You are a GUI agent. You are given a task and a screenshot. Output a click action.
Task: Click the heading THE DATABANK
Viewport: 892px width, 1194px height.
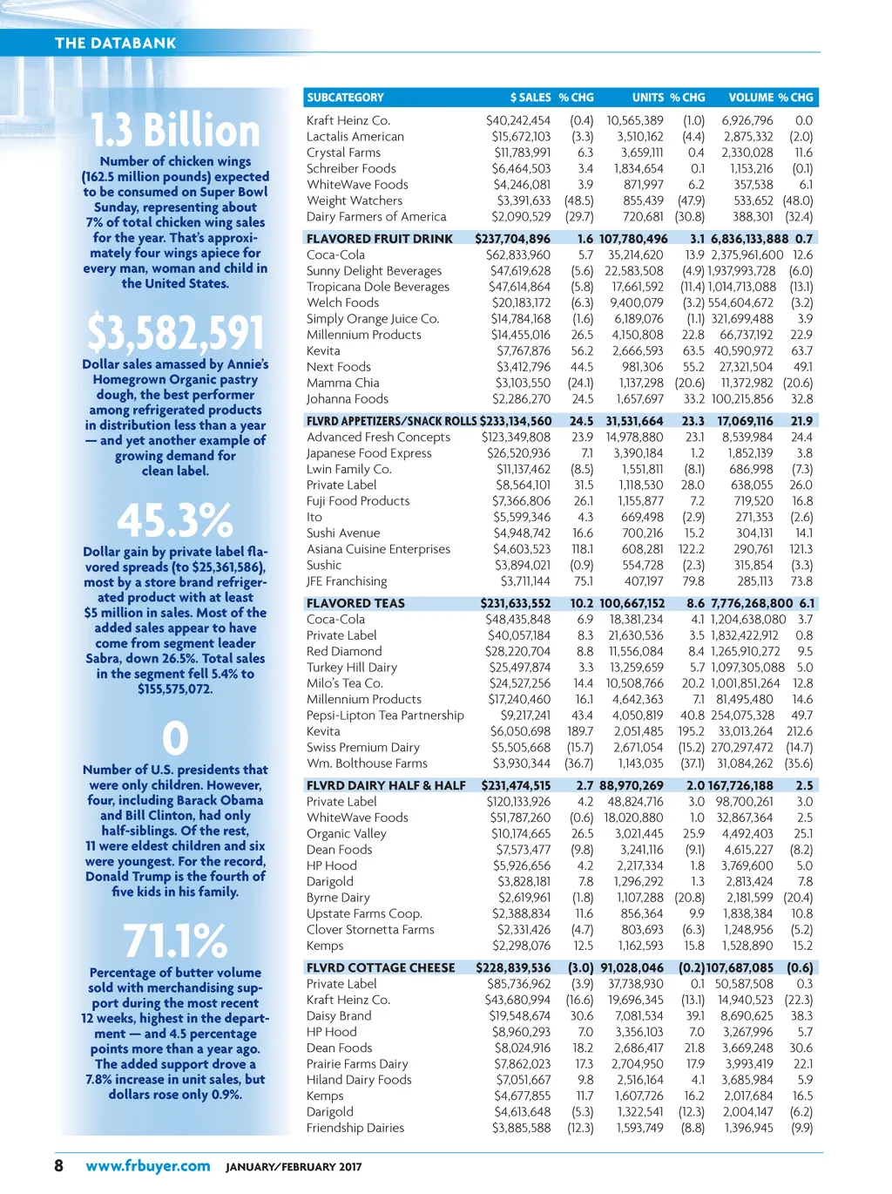(115, 43)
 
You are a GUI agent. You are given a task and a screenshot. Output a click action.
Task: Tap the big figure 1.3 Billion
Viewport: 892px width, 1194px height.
(175, 131)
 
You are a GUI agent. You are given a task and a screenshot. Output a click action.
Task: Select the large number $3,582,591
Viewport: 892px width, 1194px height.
(175, 333)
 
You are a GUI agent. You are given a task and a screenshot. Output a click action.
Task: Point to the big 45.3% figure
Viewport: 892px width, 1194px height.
(175, 520)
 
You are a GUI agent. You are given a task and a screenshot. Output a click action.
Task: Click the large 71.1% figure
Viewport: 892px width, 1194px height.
(175, 941)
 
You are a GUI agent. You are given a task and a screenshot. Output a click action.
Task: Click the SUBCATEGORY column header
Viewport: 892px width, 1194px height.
(345, 98)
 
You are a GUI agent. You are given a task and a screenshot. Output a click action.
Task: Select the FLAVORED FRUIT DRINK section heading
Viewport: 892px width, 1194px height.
(380, 239)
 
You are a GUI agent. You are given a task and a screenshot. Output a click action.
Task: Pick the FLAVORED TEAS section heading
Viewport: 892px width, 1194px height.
(355, 603)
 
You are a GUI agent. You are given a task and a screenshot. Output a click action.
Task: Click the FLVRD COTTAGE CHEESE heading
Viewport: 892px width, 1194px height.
(381, 967)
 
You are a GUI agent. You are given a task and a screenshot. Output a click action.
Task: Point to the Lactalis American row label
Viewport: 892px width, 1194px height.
(355, 137)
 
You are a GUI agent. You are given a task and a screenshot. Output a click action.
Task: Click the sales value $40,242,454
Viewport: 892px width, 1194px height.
(518, 121)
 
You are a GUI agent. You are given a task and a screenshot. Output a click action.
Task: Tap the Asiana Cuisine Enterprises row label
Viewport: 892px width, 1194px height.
(378, 549)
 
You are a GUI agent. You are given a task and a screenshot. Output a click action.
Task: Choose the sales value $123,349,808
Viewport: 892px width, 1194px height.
(516, 438)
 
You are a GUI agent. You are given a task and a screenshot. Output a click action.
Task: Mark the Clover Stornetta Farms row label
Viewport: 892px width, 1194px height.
(370, 930)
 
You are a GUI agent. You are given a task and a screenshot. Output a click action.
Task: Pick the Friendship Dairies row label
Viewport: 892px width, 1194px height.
(355, 1128)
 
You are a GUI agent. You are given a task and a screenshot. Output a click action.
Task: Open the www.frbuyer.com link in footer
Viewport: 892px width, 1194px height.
(148, 1166)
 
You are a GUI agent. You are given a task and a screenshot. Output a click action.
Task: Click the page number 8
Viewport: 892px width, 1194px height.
(59, 1166)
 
